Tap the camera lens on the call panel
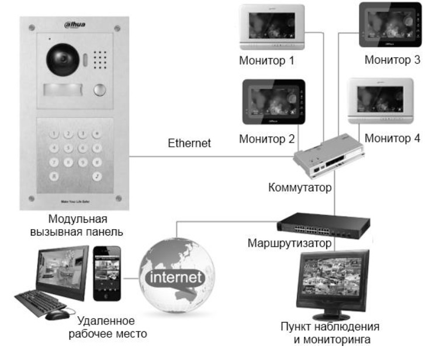coord(60,61)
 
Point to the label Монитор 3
coord(392,60)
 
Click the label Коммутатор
coord(299,189)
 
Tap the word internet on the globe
coord(175,275)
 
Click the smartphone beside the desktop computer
coord(107,272)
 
